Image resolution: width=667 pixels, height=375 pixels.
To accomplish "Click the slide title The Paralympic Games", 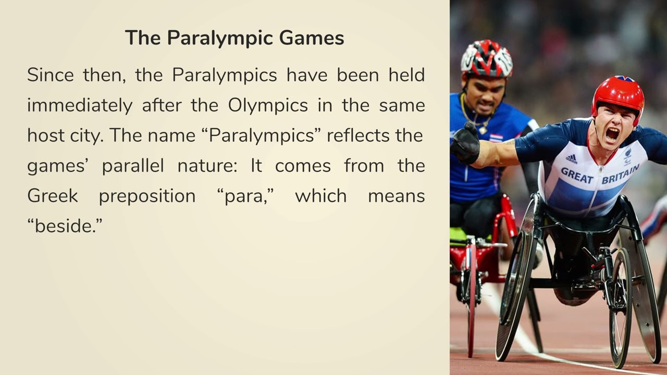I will tap(234, 38).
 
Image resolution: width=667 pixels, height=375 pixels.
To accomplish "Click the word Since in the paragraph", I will tap(51, 75).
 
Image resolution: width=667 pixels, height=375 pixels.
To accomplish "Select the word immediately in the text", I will tap(80, 105).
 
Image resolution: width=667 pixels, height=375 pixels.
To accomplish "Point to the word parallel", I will tap(132, 166).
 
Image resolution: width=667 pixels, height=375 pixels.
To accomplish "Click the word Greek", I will tap(52, 196).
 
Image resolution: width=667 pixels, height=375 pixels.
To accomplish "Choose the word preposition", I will tap(147, 196).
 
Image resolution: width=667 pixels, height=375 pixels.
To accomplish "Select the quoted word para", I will tap(245, 196).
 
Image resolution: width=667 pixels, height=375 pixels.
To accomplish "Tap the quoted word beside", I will tap(65, 226).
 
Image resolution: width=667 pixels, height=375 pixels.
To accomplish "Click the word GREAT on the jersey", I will tap(577, 176).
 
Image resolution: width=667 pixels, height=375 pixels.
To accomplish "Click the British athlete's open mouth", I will tap(612, 133).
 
